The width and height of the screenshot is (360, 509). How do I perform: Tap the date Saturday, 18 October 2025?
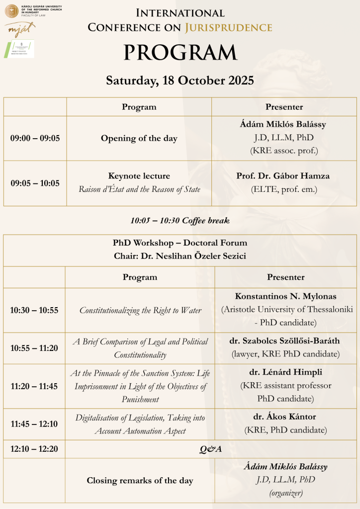click(x=180, y=81)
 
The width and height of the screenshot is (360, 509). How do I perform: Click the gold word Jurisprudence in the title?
click(x=228, y=27)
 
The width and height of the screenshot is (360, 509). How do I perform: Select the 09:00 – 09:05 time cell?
click(x=35, y=138)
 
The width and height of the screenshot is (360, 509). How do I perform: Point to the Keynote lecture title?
click(x=139, y=176)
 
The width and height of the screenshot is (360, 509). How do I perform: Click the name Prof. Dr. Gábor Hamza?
click(x=283, y=176)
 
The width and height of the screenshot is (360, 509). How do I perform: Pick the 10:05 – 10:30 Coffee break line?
click(x=180, y=220)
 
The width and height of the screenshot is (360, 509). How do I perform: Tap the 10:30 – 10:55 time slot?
click(x=34, y=310)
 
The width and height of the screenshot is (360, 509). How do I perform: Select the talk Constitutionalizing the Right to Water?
click(x=140, y=310)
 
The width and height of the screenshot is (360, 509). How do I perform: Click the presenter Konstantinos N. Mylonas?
click(x=285, y=296)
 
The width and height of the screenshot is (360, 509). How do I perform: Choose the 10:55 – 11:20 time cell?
click(x=34, y=348)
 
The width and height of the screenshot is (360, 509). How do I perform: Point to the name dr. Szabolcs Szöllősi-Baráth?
click(x=285, y=341)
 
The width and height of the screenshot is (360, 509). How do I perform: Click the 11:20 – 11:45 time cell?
click(x=34, y=386)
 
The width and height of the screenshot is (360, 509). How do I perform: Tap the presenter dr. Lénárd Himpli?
click(x=285, y=372)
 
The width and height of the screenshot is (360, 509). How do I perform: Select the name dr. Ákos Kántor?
click(x=285, y=417)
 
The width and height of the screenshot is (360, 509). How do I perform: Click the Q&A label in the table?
click(x=210, y=449)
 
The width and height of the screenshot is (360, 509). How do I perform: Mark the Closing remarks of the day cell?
click(x=140, y=480)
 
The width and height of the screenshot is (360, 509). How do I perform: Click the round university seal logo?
click(x=11, y=9)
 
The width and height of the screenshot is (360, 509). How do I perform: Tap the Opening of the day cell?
click(x=139, y=138)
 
